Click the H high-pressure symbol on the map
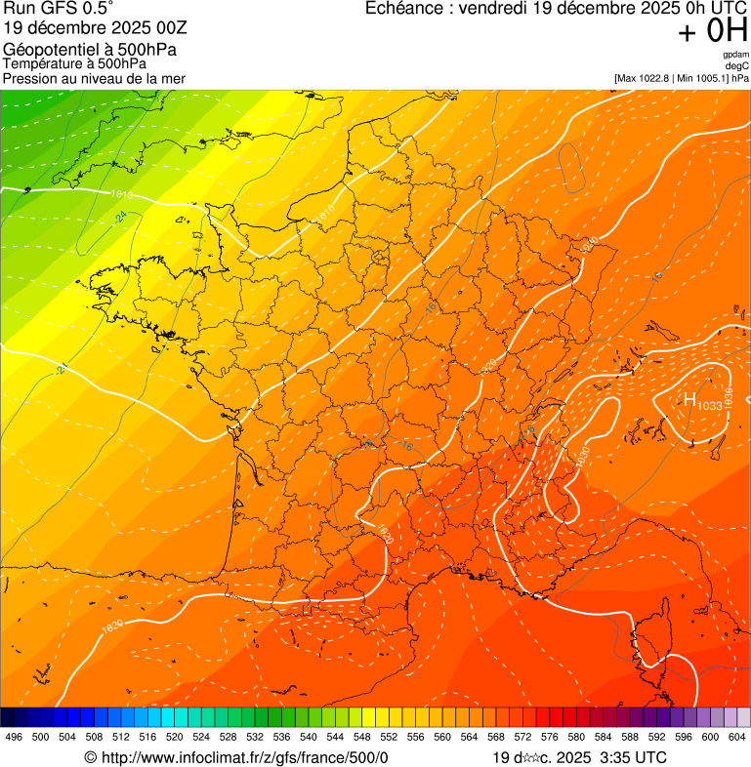coord(689,399)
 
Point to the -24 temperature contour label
coord(122,215)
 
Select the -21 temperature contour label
coord(63,368)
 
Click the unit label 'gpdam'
coord(736,55)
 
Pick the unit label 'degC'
coord(738,65)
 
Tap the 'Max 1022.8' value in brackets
coord(649,77)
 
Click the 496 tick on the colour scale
coord(14,736)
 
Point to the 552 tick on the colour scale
coord(388,736)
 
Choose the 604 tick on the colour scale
coord(736,736)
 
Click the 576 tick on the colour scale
coord(549,736)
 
